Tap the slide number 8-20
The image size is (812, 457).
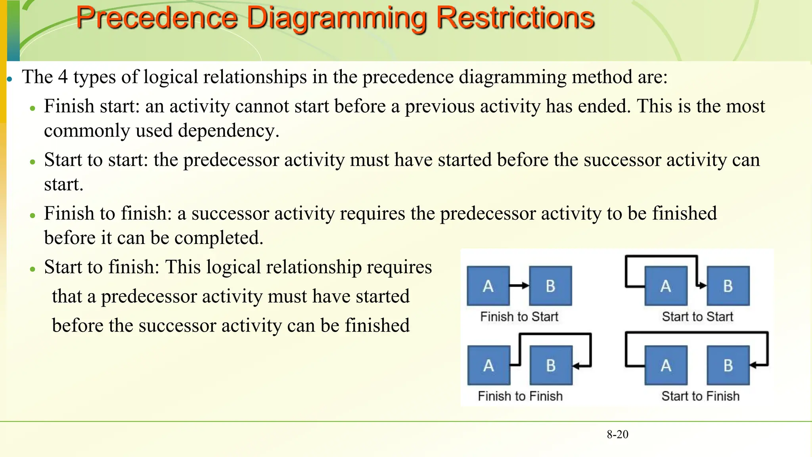(x=617, y=434)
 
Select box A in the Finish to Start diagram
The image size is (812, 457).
(x=488, y=286)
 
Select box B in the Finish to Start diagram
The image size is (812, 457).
(x=551, y=286)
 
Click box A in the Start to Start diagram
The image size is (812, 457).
(x=666, y=286)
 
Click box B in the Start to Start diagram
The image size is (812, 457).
(x=728, y=286)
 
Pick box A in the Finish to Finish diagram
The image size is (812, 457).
(x=488, y=365)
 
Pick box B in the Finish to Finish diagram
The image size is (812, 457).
(x=551, y=365)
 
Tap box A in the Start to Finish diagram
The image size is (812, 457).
(x=666, y=365)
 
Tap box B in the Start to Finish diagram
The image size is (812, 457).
(x=728, y=365)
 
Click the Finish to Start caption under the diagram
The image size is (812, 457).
(x=519, y=317)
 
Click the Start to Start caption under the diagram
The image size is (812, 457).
(x=697, y=317)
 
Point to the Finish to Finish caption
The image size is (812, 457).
(x=520, y=396)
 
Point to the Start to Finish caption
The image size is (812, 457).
(x=701, y=396)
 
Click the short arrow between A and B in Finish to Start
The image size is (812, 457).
(x=519, y=286)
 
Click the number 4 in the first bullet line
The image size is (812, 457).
(x=63, y=77)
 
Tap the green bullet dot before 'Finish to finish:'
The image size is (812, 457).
(x=33, y=215)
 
